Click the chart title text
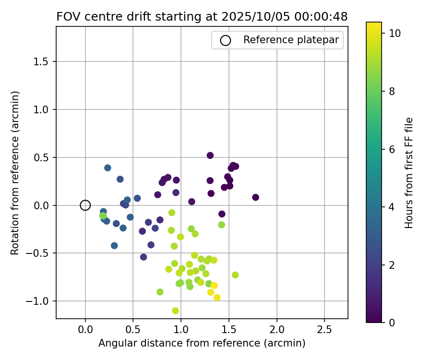[x=202, y=16]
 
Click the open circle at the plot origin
[x=85, y=205]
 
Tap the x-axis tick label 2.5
[x=324, y=331]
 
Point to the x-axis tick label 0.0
[x=85, y=331]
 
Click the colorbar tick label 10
[x=395, y=33]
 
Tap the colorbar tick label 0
[x=392, y=323]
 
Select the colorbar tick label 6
[x=392, y=149]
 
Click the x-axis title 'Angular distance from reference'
[x=202, y=344]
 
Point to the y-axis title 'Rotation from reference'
[x=15, y=173]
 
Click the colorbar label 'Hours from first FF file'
[x=409, y=173]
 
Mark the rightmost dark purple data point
[x=255, y=197]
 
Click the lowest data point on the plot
[x=175, y=311]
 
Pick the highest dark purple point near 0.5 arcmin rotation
[x=210, y=156]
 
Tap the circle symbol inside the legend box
[x=225, y=40]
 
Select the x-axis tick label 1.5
[x=228, y=331]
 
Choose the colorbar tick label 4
[x=392, y=207]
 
